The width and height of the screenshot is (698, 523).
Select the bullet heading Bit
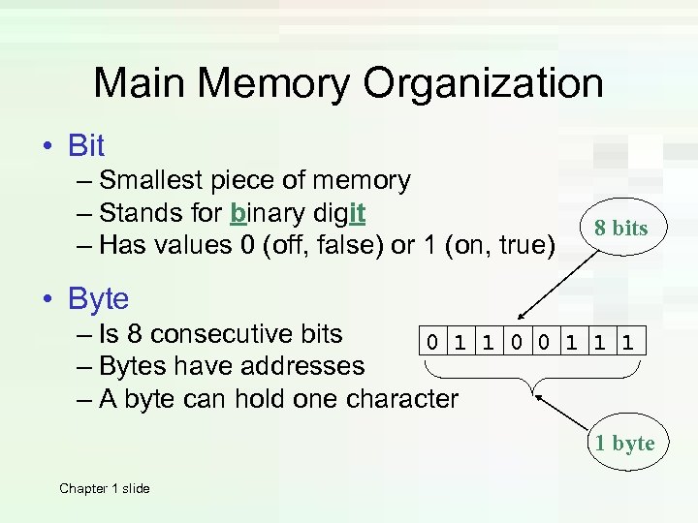click(x=86, y=146)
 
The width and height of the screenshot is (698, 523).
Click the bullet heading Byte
click(x=98, y=299)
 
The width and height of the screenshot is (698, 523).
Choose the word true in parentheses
click(x=519, y=245)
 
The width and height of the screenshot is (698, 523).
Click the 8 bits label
click(x=620, y=229)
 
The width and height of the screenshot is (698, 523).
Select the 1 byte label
click(x=625, y=444)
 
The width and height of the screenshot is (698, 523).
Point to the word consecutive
click(x=247, y=334)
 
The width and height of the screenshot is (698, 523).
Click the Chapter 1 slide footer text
click(x=105, y=488)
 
